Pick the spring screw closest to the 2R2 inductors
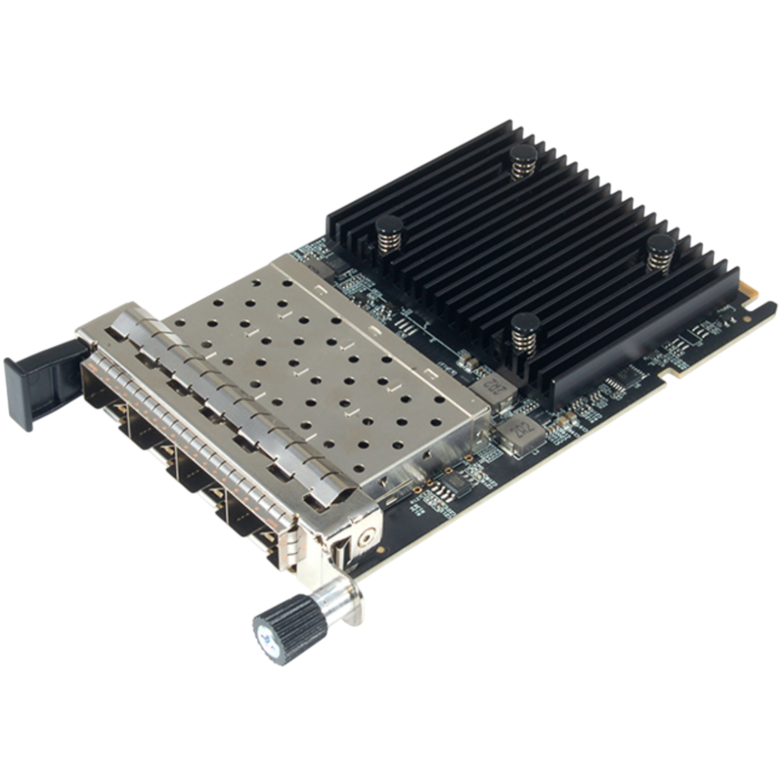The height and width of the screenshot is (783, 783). coord(526,332)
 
